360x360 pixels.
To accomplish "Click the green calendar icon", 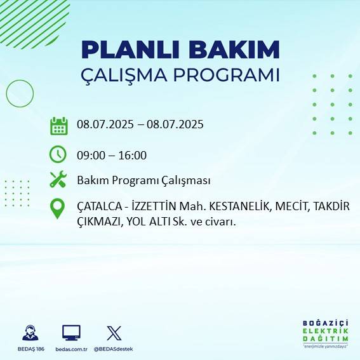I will (x=58, y=126).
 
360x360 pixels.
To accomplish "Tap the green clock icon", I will (x=58, y=154).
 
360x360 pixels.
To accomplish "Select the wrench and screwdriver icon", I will (x=58, y=180).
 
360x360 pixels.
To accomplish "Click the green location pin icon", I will (x=58, y=209).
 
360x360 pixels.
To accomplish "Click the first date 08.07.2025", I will (x=104, y=124).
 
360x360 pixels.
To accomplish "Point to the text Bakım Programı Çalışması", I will (x=143, y=180).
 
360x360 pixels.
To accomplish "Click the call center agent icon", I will (x=29, y=333).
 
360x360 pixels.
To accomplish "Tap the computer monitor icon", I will (x=70, y=333).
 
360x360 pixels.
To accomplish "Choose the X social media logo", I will (x=114, y=333).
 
